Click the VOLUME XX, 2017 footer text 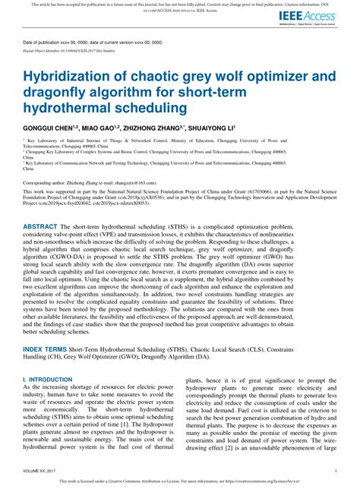pyautogui.click(x=45, y=470)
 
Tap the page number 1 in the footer pyautogui.click(x=335, y=470)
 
